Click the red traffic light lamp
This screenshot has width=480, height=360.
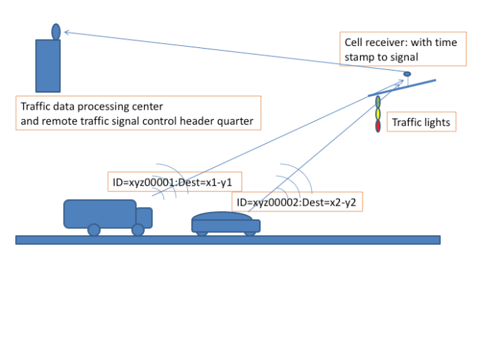378,126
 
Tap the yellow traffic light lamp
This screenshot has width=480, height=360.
378,114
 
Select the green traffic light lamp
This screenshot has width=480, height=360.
378,102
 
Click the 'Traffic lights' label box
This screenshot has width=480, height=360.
421,123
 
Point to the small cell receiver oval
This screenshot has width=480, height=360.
407,74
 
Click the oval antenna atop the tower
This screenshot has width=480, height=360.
56,31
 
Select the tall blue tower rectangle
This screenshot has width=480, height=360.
48,66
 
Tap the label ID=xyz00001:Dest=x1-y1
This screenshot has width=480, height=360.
176,182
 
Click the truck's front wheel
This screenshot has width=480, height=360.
138,230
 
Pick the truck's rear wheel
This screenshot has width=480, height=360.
94,230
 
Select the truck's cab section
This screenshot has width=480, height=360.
143,216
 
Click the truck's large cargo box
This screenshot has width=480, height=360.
99,213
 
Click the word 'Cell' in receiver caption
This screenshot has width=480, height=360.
354,43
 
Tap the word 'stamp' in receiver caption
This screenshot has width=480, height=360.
359,58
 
